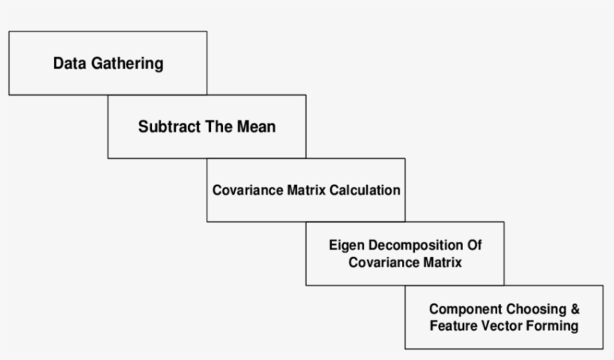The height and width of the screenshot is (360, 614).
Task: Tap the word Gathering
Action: click(x=126, y=64)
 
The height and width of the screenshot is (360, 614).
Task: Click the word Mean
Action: click(x=256, y=126)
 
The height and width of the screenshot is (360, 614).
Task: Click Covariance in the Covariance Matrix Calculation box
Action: click(x=248, y=190)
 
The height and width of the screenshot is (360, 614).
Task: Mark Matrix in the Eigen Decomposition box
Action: click(x=441, y=263)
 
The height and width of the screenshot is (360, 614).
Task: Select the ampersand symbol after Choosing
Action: click(x=575, y=309)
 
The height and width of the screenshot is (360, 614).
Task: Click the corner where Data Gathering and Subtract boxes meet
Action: click(x=207, y=95)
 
